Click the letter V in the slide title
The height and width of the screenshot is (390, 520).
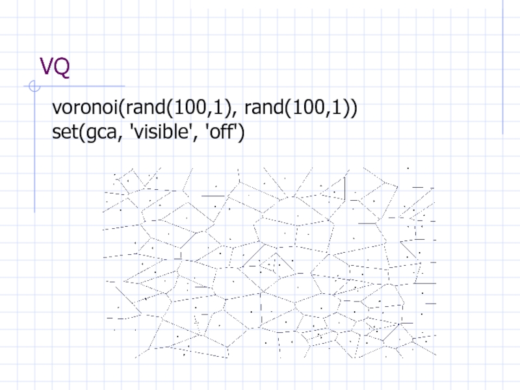point(46,66)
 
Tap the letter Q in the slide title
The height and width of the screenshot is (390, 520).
point(62,68)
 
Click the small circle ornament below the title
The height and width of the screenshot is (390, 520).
point(34,86)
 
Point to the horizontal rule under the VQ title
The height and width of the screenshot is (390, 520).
point(74,86)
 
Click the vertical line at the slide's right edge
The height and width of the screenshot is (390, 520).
point(502,67)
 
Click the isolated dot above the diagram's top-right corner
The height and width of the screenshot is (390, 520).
point(408,168)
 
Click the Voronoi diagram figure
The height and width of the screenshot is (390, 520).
point(269,263)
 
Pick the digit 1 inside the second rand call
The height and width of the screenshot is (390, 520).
point(336,107)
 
